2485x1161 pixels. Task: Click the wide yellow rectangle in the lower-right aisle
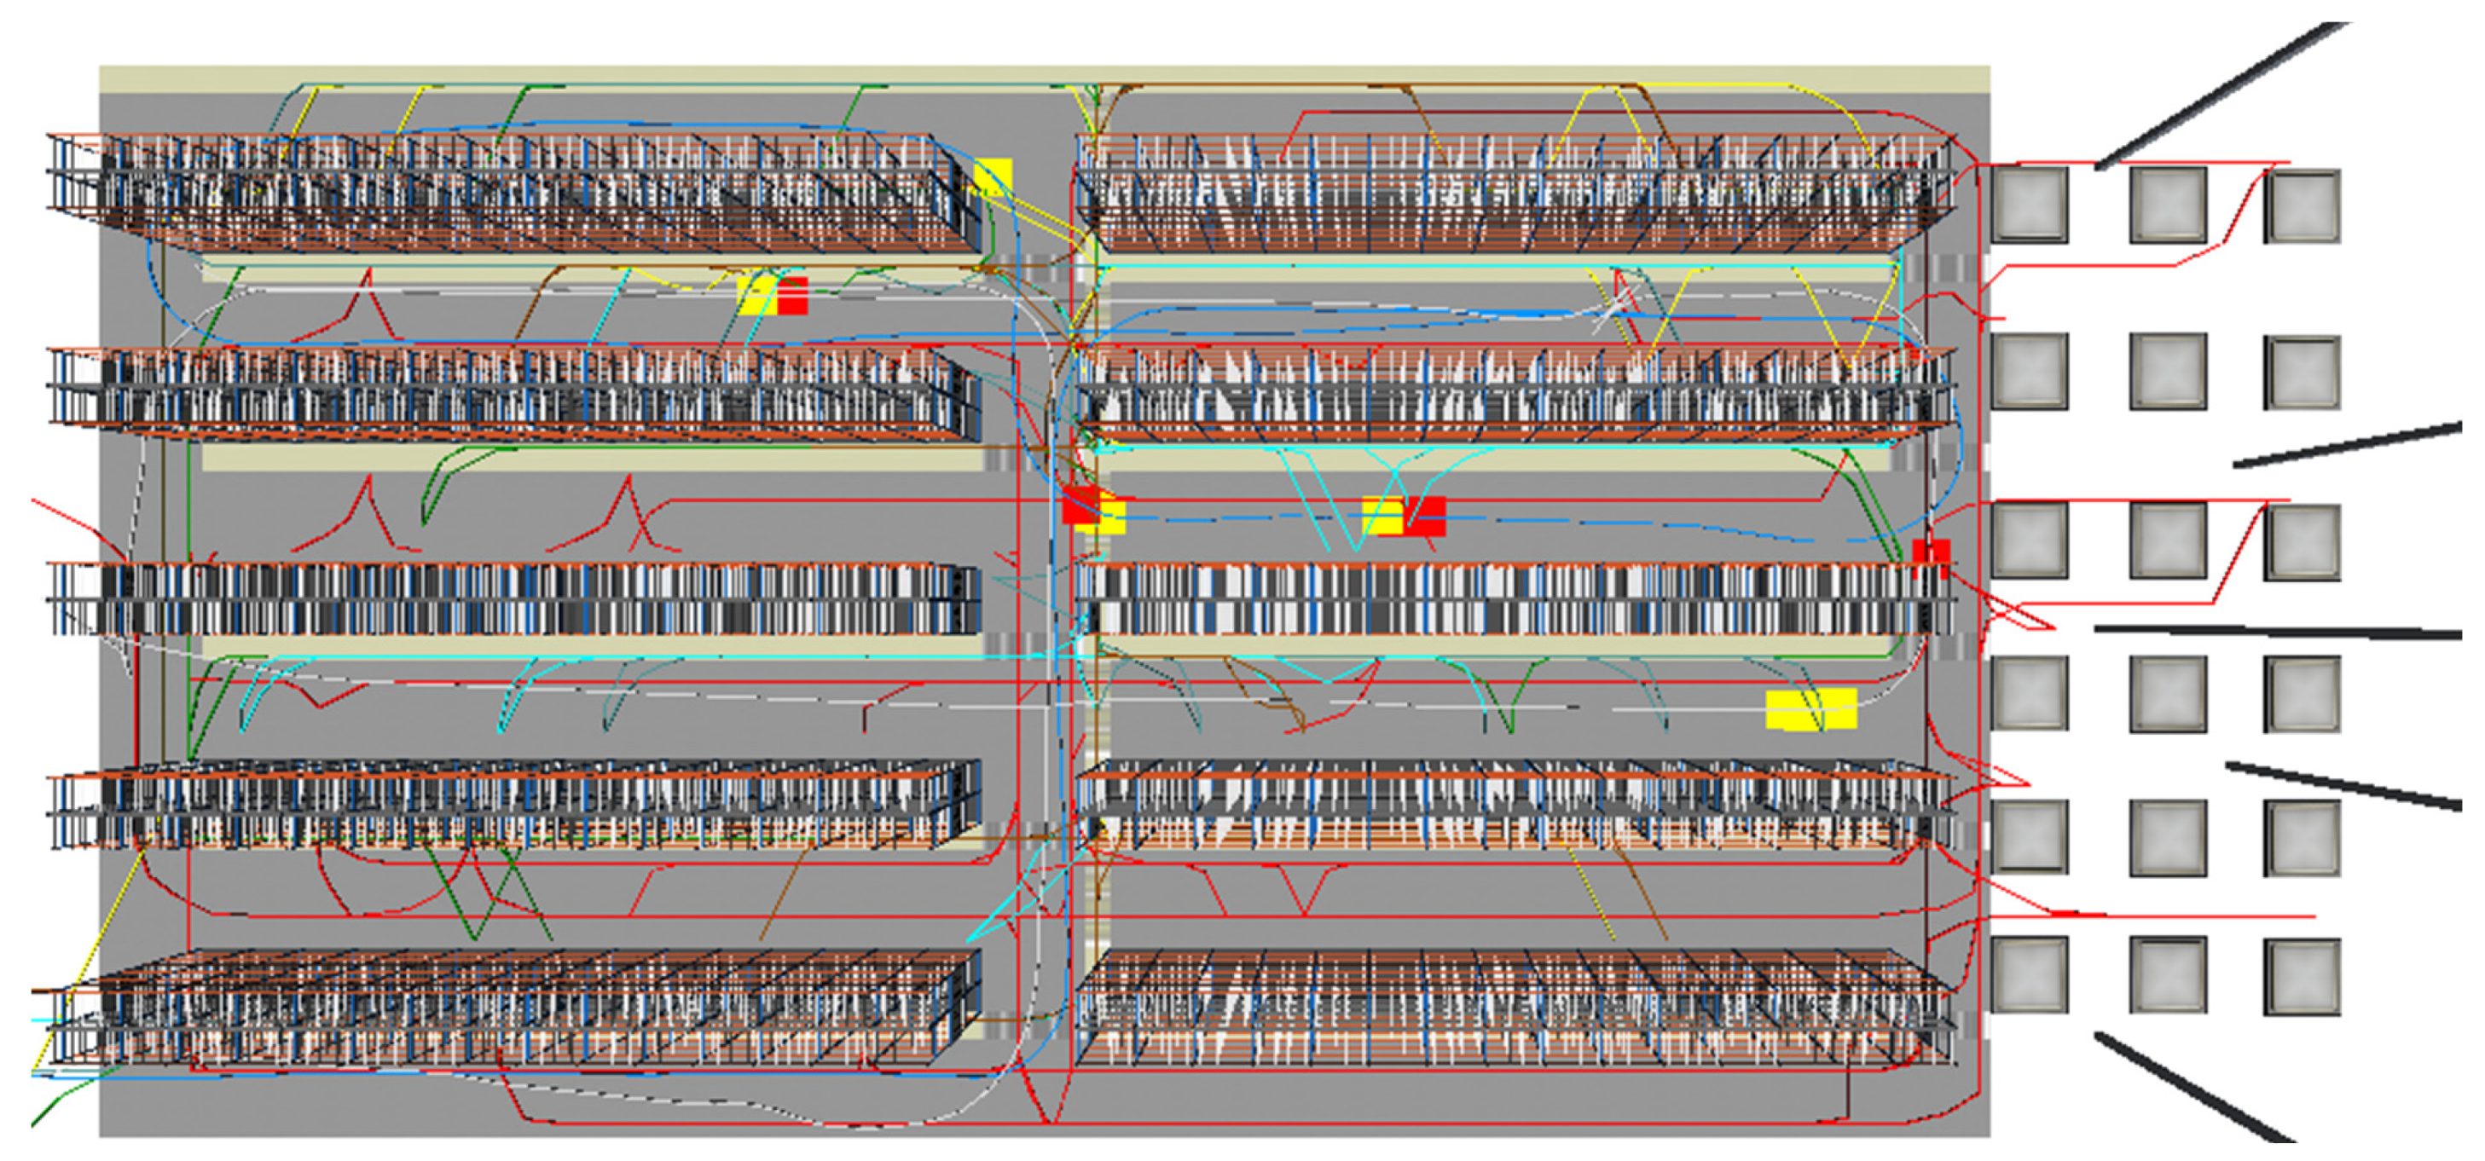pos(1810,710)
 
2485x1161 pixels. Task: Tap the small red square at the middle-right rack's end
pos(1932,554)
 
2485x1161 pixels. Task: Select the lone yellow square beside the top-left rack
pos(993,177)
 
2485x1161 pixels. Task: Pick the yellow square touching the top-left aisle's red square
pos(758,295)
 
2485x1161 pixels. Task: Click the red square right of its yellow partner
pos(1425,516)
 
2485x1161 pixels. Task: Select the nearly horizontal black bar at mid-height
pos(2277,632)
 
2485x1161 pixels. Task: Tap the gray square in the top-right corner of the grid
pos(2303,206)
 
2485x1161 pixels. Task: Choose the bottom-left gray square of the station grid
pos(2030,975)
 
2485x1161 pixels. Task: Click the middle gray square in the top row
pos(2168,205)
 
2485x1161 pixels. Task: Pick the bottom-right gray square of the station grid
pos(2303,977)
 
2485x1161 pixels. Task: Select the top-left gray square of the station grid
pos(2030,205)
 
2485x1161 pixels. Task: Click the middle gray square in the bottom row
pos(2168,975)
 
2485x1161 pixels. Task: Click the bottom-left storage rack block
pos(512,1008)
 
